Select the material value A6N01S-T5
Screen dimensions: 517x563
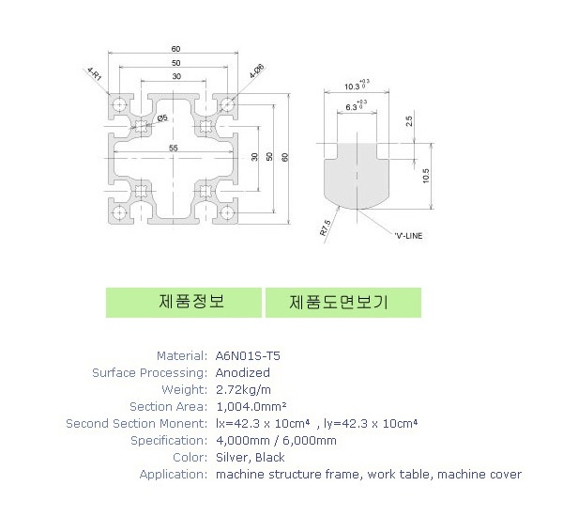click(248, 356)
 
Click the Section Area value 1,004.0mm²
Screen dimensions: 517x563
click(251, 406)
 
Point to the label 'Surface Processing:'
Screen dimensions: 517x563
click(149, 373)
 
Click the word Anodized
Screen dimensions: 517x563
click(243, 373)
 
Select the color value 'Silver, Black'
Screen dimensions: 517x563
click(251, 457)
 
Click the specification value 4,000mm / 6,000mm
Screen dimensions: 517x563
click(276, 440)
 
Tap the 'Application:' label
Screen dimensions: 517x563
click(173, 474)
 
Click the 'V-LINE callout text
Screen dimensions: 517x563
click(408, 235)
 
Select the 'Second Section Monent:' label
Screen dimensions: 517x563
click(136, 424)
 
